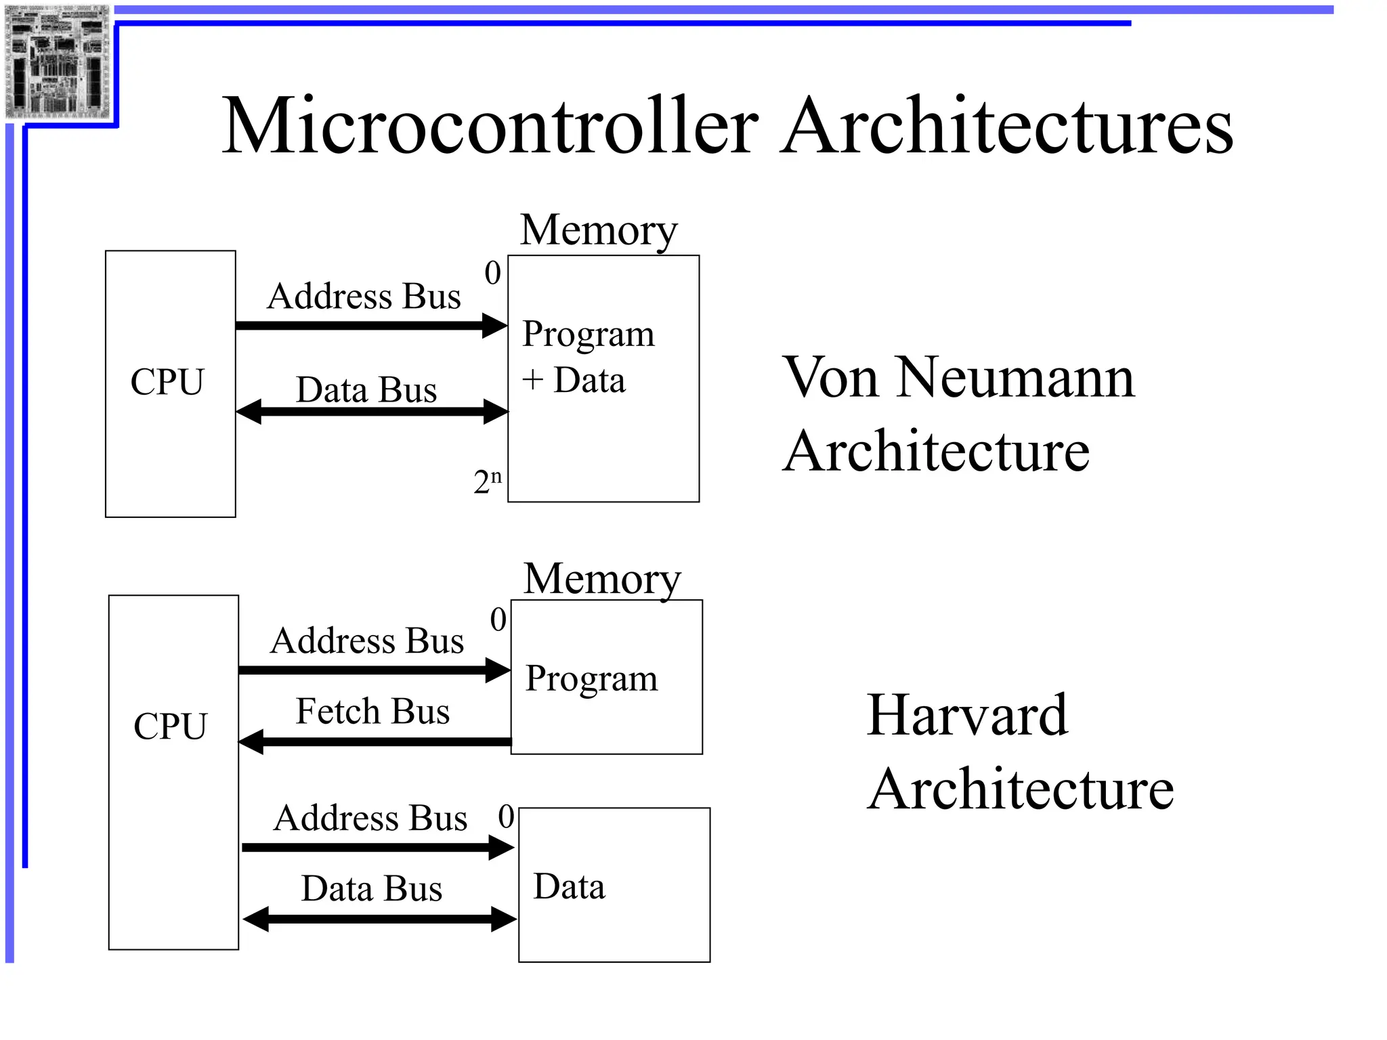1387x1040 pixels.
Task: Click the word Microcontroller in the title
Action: [490, 127]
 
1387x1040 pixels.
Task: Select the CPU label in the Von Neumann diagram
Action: [167, 382]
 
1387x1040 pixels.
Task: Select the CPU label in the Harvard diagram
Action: [170, 727]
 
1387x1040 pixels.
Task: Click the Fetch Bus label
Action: [372, 712]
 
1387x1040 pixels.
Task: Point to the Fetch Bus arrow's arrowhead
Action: [251, 742]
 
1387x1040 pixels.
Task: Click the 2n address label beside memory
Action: [487, 481]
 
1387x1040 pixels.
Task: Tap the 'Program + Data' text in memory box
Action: [588, 357]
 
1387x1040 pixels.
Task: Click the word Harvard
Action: [967, 715]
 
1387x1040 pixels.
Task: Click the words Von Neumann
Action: [958, 378]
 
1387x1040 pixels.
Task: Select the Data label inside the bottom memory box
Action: [569, 887]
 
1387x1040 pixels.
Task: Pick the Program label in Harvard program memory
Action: [591, 678]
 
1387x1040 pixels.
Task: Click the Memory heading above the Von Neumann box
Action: [599, 230]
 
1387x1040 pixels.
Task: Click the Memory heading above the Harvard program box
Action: [602, 579]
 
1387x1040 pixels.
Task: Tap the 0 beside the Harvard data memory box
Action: [506, 817]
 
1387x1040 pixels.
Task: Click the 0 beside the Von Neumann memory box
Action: [492, 273]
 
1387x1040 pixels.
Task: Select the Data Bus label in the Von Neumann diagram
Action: [366, 390]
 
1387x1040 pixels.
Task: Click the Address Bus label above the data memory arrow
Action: [370, 818]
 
